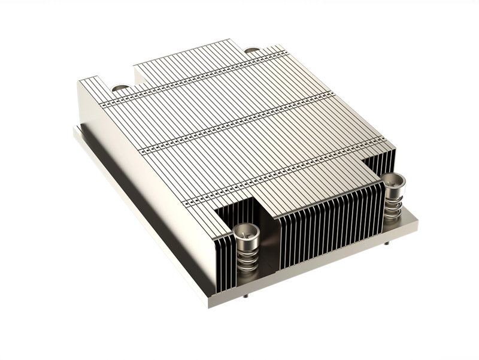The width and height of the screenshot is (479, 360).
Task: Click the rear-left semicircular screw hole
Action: pos(120,88)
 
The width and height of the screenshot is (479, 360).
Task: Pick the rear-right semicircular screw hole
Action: pos(252,50)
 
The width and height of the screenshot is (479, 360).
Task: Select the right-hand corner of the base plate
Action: pos(417,223)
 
